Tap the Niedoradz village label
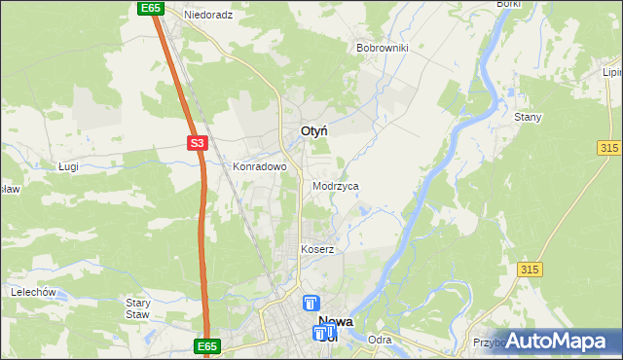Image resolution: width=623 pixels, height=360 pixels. (208, 16)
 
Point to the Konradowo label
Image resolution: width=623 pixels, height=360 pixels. (259, 166)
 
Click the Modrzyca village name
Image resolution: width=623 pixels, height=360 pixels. (336, 185)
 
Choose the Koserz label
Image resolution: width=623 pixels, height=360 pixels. (317, 249)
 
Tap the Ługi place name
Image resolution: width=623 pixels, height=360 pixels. (68, 167)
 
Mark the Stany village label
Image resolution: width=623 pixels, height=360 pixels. (528, 117)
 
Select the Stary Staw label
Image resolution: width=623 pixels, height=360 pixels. (137, 308)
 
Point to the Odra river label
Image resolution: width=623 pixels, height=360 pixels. (381, 340)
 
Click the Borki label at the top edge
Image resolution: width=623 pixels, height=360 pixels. (508, 5)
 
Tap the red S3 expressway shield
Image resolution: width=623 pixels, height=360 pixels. (198, 143)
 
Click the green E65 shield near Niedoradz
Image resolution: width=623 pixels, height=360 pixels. (149, 8)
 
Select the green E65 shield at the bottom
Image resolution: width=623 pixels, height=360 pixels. (207, 346)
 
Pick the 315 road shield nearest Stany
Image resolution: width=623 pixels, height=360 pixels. (609, 146)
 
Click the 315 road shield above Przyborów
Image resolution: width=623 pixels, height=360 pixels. (530, 270)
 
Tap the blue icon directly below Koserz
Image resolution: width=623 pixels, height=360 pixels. (311, 304)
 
